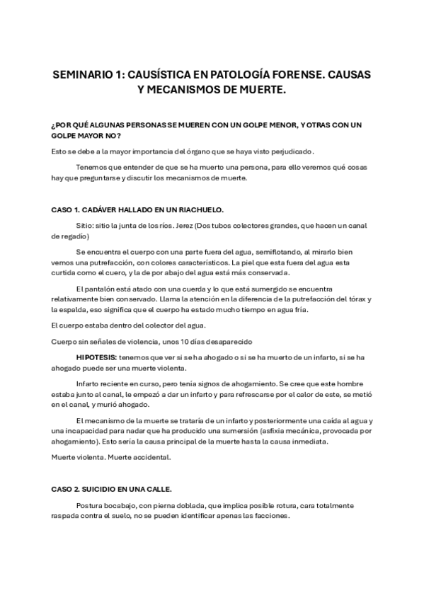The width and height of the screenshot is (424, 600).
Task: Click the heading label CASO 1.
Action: [x=65, y=209]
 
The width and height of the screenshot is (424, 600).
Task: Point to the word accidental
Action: [x=148, y=457]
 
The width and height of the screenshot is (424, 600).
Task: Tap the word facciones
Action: [x=272, y=517]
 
